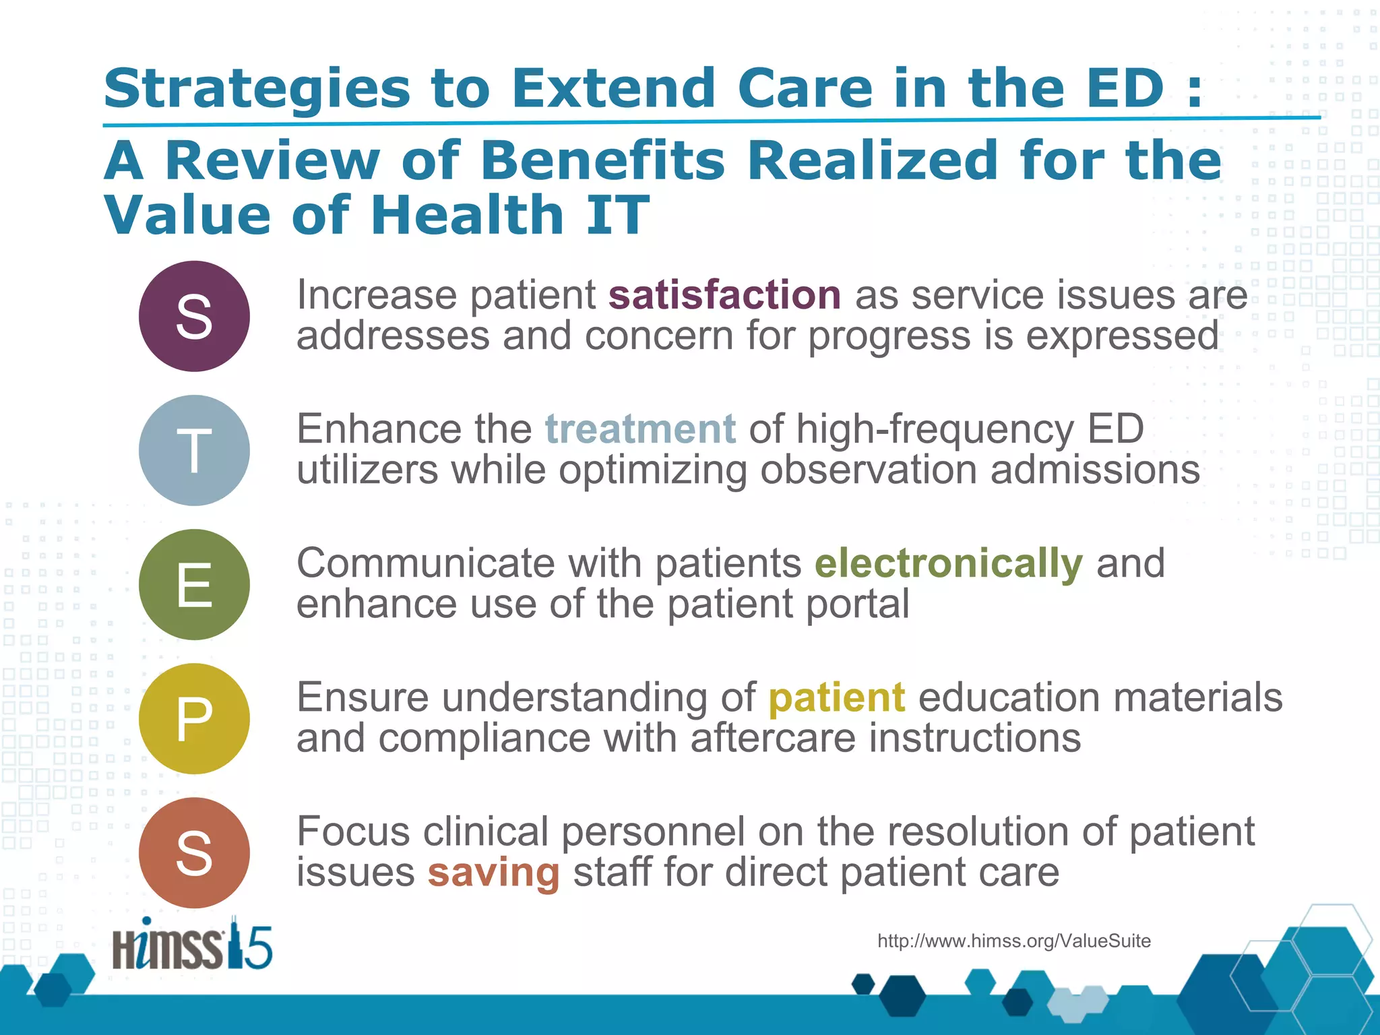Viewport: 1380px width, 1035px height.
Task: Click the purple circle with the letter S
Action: [194, 316]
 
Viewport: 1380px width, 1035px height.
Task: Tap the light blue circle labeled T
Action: [194, 450]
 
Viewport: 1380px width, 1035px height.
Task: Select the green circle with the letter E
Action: [194, 584]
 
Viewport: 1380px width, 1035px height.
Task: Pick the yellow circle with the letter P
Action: [194, 718]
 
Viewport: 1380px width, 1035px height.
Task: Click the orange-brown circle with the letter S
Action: [194, 852]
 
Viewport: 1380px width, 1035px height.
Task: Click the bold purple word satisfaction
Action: [724, 295]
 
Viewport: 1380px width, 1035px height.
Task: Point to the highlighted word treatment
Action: [640, 429]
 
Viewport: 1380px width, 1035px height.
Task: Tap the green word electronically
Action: [948, 563]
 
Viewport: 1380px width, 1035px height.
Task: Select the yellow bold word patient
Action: [836, 697]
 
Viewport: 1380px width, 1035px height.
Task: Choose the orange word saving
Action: [493, 872]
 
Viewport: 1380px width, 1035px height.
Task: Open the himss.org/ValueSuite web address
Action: [1013, 941]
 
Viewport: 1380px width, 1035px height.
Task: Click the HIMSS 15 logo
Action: [192, 945]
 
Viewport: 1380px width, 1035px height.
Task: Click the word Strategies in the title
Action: [257, 89]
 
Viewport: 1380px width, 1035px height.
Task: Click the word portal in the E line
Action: [856, 604]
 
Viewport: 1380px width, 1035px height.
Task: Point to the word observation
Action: [869, 470]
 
